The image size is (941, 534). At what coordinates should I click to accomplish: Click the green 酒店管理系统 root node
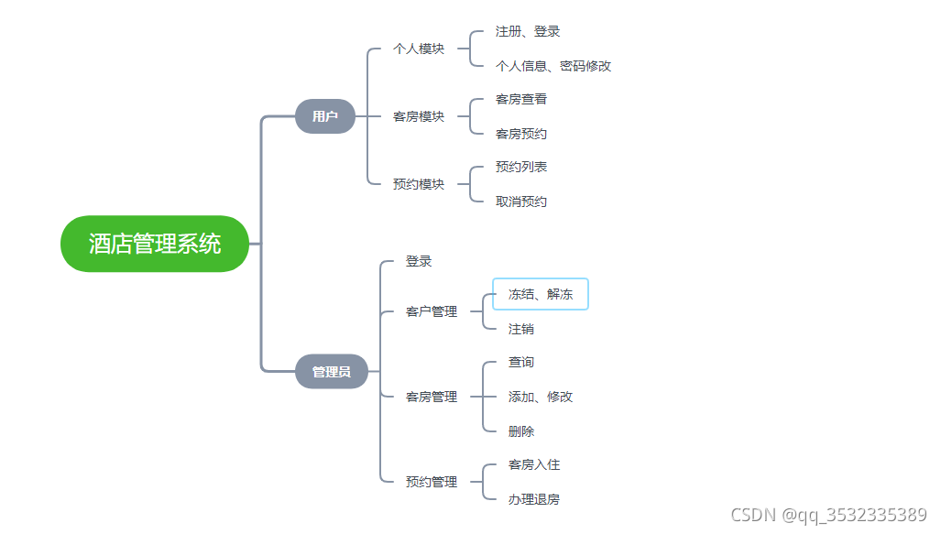pos(155,244)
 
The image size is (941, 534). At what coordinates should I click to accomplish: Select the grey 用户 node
pos(324,116)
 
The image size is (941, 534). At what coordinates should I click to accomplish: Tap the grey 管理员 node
pos(331,372)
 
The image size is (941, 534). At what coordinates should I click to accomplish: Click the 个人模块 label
pos(419,49)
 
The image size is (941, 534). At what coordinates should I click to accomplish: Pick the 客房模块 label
pos(419,116)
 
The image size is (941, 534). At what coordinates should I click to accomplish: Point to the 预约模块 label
pos(419,184)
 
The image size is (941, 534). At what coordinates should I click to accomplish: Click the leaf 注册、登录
pos(528,31)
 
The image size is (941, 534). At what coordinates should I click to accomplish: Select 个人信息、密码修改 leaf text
pos(553,66)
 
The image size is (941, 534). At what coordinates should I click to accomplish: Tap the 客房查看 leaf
pos(521,99)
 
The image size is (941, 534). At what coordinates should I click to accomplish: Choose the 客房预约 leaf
pos(521,134)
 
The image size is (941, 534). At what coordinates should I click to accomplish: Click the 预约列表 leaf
pos(521,167)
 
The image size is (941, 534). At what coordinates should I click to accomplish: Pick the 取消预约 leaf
pos(521,202)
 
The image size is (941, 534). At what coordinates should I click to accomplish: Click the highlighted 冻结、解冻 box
pos(541,294)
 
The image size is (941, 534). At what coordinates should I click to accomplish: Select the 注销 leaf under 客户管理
pos(521,329)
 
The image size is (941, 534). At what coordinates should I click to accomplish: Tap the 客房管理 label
pos(432,397)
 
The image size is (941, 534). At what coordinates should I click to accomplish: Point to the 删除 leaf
pos(521,431)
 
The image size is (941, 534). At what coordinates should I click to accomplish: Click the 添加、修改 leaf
pos(541,397)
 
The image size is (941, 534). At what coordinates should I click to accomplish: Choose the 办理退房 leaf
pos(534,499)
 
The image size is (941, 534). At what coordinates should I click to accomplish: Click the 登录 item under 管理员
pos(419,261)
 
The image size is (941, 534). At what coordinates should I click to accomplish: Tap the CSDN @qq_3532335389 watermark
pos(828,515)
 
